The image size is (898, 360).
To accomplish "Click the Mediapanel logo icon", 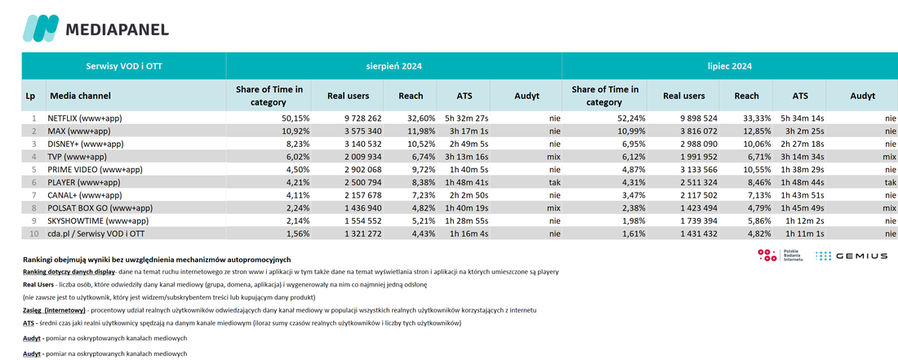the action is pyautogui.click(x=41, y=28).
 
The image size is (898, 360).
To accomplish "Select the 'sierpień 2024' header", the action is pyautogui.click(x=394, y=66).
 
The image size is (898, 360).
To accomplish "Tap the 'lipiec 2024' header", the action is pyautogui.click(x=730, y=66).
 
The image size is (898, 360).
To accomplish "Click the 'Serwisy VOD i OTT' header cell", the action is pyautogui.click(x=124, y=66).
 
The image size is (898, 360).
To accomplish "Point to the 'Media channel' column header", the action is pyautogui.click(x=80, y=96).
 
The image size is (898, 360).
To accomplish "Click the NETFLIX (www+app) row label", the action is pyautogui.click(x=85, y=118).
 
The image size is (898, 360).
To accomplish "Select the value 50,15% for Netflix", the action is pyautogui.click(x=296, y=118).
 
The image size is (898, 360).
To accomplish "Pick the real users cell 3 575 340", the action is pyautogui.click(x=360, y=131).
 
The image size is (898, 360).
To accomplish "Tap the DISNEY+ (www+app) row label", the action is pyautogui.click(x=86, y=144).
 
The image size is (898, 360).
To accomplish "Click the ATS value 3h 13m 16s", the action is pyautogui.click(x=465, y=157).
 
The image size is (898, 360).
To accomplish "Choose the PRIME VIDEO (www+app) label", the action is pyautogui.click(x=95, y=170).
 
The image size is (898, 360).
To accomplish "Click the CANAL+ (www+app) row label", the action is pyautogui.click(x=84, y=195).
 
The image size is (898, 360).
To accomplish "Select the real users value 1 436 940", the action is pyautogui.click(x=360, y=208).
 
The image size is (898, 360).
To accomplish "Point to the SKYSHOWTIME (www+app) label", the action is pyautogui.click(x=100, y=221).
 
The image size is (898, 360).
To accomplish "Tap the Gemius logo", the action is pyautogui.click(x=851, y=256).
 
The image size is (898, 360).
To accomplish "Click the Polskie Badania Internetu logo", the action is pyautogui.click(x=780, y=256).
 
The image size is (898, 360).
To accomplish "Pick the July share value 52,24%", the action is pyautogui.click(x=631, y=118).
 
